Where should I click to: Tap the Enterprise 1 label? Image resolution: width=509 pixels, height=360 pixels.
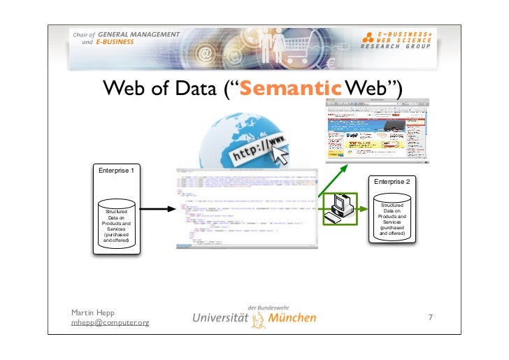click(116, 171)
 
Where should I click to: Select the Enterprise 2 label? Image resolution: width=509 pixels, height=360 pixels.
click(392, 182)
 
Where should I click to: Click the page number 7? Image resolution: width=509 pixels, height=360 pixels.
click(431, 319)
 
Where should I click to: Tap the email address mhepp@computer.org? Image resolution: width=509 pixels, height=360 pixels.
click(110, 322)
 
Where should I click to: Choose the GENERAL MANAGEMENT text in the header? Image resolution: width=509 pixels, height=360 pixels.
click(138, 34)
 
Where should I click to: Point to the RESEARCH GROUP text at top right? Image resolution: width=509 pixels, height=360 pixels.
click(396, 47)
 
